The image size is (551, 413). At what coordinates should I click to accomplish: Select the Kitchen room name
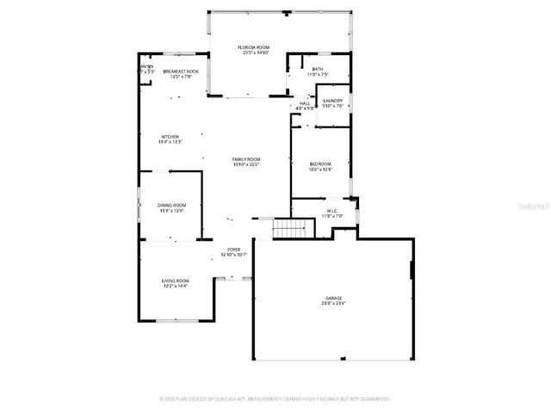[x=170, y=137]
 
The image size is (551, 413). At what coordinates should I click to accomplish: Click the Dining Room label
[x=171, y=205]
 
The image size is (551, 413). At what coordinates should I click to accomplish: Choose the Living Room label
[x=175, y=280]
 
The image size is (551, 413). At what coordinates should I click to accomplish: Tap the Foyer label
[x=234, y=250]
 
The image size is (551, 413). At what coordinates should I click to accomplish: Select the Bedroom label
[x=319, y=164]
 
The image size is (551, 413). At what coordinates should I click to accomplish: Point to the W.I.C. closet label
[x=333, y=211]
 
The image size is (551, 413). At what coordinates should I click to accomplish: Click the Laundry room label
[x=332, y=101]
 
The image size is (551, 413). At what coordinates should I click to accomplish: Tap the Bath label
[x=318, y=69]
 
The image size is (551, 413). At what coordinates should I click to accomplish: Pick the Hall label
[x=305, y=103]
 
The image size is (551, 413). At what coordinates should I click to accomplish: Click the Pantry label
[x=146, y=66]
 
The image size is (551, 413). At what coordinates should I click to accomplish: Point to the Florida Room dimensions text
[x=256, y=52]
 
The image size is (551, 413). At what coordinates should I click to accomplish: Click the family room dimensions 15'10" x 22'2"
[x=245, y=165]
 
